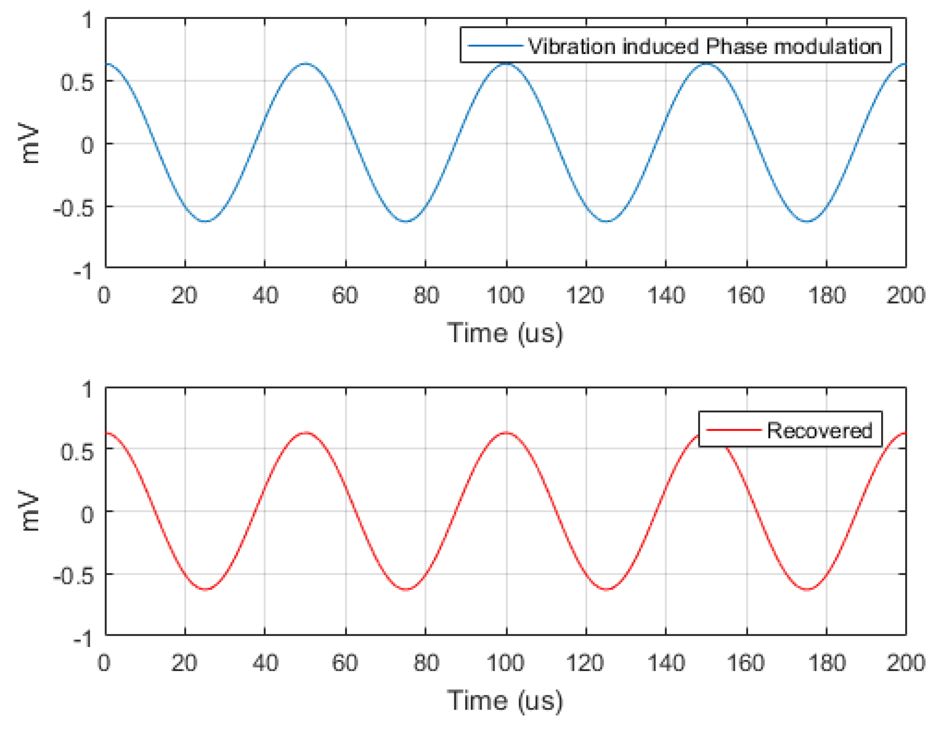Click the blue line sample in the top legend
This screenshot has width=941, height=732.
tap(495, 46)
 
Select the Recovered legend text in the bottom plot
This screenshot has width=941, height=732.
tap(819, 430)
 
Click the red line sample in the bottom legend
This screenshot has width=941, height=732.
tap(734, 430)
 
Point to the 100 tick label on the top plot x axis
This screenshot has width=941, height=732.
tap(505, 296)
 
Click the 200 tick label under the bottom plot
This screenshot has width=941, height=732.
tap(905, 663)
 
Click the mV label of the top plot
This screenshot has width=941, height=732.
tap(30, 144)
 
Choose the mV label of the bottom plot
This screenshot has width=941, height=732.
tap(30, 511)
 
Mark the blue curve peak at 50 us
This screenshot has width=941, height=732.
tap(306, 64)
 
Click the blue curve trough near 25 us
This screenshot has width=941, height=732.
tap(205, 221)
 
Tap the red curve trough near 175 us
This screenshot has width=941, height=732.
tap(807, 589)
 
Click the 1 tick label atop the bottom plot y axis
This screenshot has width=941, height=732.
tap(87, 389)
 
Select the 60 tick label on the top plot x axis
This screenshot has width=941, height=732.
tap(345, 296)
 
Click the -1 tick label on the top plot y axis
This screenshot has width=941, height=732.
tap(83, 272)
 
